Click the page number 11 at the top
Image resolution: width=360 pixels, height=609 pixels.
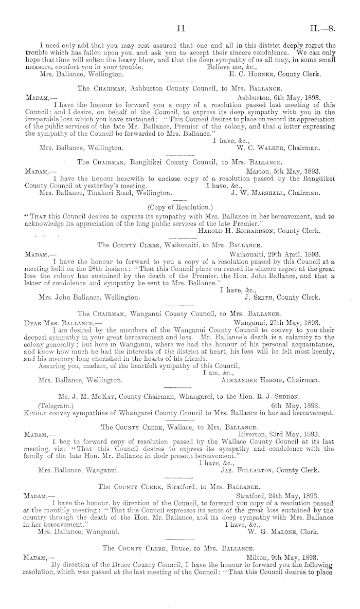(179, 16)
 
